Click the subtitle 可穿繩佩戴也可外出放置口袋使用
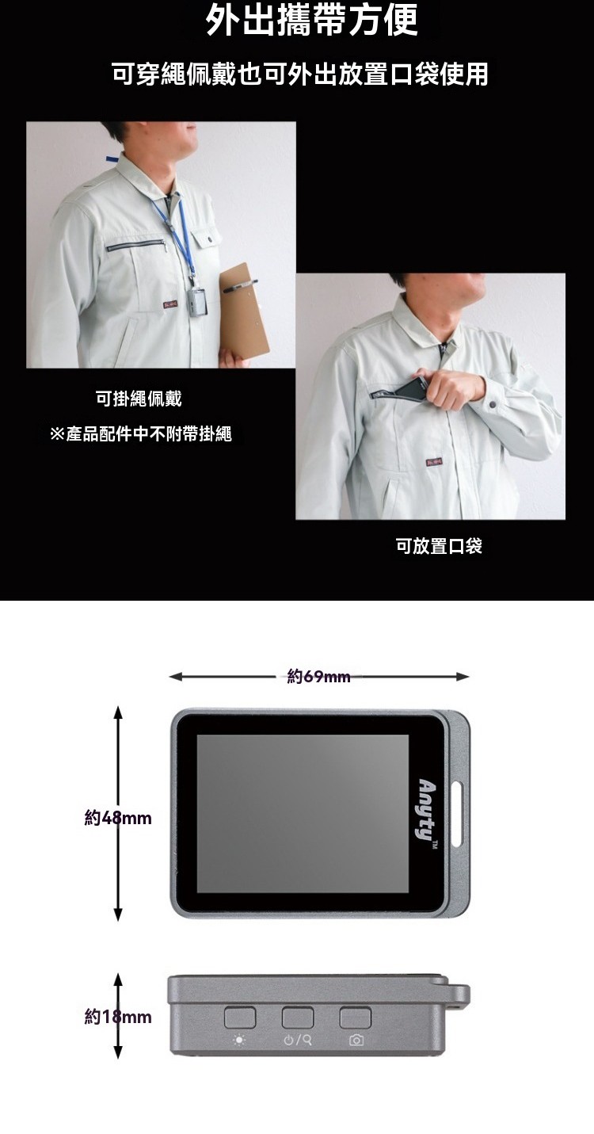(x=299, y=74)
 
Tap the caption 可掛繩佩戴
(x=139, y=399)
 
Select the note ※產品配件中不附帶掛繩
(x=141, y=433)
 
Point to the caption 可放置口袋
(x=439, y=546)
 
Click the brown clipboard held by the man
(x=245, y=314)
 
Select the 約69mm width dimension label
(x=318, y=676)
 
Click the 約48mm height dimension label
(x=118, y=818)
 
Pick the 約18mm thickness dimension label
(x=118, y=1016)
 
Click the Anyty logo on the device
(x=427, y=810)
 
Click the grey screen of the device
(x=303, y=814)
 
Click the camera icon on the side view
(x=356, y=1040)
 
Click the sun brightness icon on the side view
(x=239, y=1040)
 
